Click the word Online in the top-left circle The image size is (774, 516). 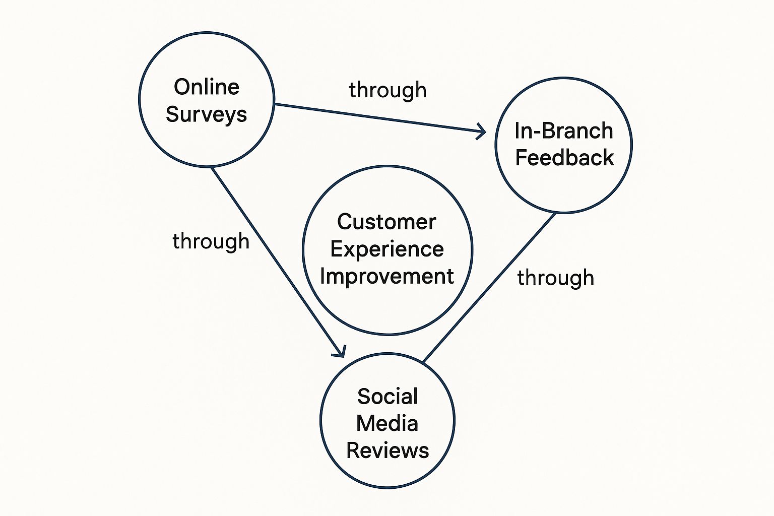pyautogui.click(x=207, y=87)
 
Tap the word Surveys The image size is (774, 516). pyautogui.click(x=207, y=115)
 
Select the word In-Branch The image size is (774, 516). pyautogui.click(x=564, y=131)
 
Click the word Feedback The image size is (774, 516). pyautogui.click(x=564, y=158)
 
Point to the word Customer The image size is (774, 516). pyautogui.click(x=386, y=222)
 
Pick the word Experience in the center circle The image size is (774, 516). pyautogui.click(x=387, y=249)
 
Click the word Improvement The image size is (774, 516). pyautogui.click(x=387, y=277)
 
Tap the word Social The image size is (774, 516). pyautogui.click(x=388, y=397)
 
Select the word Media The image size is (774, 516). pyautogui.click(x=387, y=423)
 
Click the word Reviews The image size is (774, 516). pyautogui.click(x=388, y=450)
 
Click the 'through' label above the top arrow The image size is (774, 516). pyautogui.click(x=388, y=91)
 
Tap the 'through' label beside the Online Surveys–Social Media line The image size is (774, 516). pyautogui.click(x=211, y=241)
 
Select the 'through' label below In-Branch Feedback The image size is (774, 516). pyautogui.click(x=556, y=278)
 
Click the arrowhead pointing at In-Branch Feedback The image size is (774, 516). pyautogui.click(x=481, y=132)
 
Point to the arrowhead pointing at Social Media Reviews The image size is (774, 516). pyautogui.click(x=341, y=352)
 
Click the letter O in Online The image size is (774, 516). pyautogui.click(x=181, y=87)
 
